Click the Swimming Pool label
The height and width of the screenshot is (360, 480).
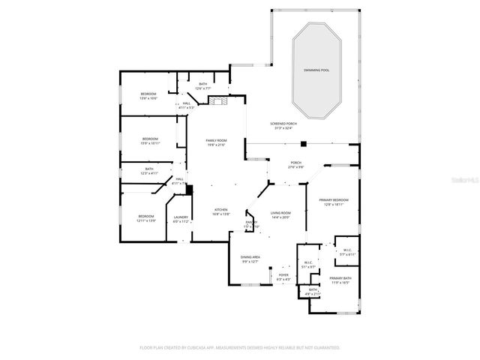pos(316,69)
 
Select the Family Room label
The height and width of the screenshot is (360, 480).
pos(217,140)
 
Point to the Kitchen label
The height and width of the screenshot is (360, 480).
pos(221,209)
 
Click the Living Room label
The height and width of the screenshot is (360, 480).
pos(280,213)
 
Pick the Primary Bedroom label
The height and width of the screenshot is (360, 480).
pos(334,199)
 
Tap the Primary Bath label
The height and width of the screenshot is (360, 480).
pos(340,278)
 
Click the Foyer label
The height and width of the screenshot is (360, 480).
pos(283,274)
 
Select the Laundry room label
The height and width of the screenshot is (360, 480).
pos(181,217)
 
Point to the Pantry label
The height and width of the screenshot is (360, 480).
pos(251,223)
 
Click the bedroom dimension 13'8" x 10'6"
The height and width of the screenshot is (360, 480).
pos(148,98)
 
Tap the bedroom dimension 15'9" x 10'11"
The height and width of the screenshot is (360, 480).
pos(151,143)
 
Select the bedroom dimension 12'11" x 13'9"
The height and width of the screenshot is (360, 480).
pos(145,220)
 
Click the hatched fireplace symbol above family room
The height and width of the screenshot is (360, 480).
pos(217,103)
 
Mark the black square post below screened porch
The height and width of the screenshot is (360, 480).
pos(303,143)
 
